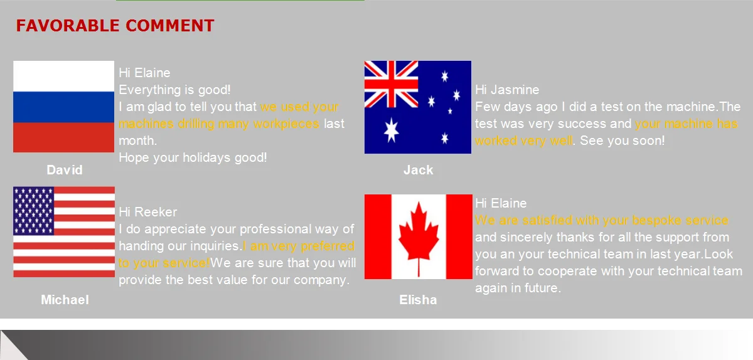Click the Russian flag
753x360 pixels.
63,107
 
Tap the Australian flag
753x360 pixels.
418,107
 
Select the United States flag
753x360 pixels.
64,232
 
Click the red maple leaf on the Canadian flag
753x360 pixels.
419,239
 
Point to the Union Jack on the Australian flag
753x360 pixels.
392,84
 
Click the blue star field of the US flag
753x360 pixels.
34,211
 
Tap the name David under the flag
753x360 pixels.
65,170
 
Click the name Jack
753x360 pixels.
418,170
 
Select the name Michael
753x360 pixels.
65,300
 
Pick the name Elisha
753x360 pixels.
418,300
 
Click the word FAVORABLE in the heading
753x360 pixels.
68,26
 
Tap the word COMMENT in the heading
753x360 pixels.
170,26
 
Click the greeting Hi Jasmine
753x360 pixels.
507,90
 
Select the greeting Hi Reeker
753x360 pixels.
147,212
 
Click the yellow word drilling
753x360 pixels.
196,124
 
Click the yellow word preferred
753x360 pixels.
328,246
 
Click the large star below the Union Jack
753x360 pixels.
392,130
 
